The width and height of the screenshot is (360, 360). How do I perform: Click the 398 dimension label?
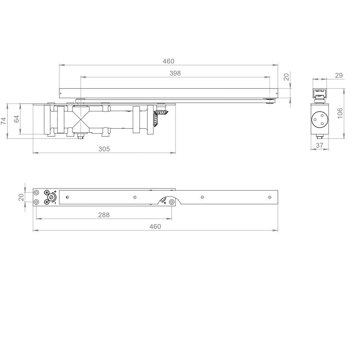[x=175, y=73]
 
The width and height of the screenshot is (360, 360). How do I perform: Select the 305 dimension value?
[x=104, y=148]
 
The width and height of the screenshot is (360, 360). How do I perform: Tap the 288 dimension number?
[x=104, y=215]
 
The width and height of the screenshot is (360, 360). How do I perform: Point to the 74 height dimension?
[x=3, y=121]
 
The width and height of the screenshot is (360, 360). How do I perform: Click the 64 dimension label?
[x=17, y=119]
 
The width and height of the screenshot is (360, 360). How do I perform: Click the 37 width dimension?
[x=320, y=145]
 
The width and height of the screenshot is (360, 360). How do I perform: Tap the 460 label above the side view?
[x=168, y=61]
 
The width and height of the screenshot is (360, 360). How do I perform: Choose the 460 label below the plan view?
[x=155, y=226]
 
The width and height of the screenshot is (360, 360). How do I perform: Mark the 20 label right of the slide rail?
[x=286, y=77]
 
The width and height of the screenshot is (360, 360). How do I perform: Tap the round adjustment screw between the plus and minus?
[x=52, y=198]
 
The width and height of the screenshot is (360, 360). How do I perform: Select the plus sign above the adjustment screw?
[x=54, y=192]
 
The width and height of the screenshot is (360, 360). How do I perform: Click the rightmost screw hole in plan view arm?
[x=269, y=197]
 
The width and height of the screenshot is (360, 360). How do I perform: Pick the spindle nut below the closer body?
[x=80, y=137]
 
